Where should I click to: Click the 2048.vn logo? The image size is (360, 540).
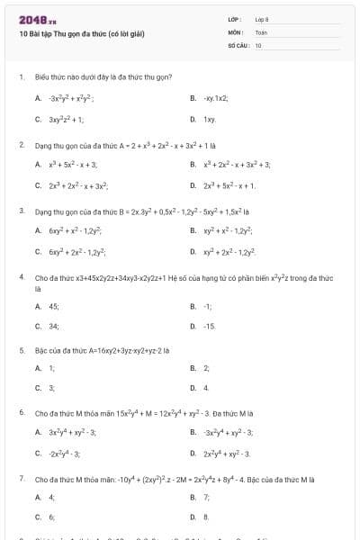(x=38, y=19)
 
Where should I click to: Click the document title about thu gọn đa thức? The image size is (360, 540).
(x=81, y=34)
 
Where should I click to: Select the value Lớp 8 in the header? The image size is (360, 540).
(x=262, y=19)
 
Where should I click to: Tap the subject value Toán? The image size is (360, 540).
(x=261, y=31)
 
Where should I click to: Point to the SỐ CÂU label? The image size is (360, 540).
(x=238, y=44)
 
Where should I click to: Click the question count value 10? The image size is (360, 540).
(x=258, y=44)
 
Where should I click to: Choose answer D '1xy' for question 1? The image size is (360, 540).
(x=209, y=119)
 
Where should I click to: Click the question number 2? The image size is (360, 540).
(x=21, y=143)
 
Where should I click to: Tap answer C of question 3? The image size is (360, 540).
(x=77, y=251)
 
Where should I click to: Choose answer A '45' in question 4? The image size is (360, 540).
(x=54, y=306)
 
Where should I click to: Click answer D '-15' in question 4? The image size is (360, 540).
(x=210, y=326)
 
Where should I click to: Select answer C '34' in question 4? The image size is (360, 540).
(x=54, y=326)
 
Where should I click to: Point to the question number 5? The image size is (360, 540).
(x=21, y=349)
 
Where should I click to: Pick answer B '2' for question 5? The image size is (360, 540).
(x=206, y=368)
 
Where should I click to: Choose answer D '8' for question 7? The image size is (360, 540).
(x=206, y=517)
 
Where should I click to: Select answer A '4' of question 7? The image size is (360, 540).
(x=51, y=497)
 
